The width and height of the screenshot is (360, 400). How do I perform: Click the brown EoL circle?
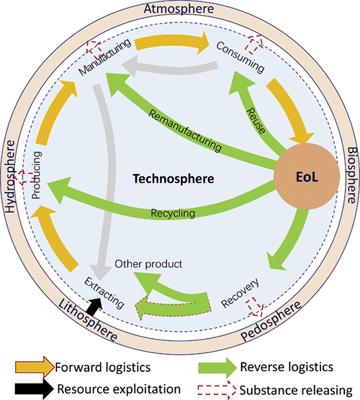click(x=307, y=176)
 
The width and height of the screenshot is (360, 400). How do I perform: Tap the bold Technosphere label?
click(x=174, y=178)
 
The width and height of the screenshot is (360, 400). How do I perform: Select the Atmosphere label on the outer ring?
click(x=179, y=9)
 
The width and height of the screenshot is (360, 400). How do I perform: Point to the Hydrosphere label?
click(x=10, y=176)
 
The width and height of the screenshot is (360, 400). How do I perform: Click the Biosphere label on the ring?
click(x=352, y=176)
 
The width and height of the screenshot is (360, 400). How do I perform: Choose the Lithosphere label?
click(x=88, y=319)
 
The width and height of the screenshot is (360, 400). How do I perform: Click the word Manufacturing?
click(x=105, y=57)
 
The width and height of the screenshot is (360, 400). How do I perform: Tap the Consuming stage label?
click(x=240, y=57)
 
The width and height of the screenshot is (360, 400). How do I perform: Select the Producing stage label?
click(x=37, y=175)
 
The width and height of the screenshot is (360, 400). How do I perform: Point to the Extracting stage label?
click(x=104, y=293)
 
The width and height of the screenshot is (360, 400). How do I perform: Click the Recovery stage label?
click(x=240, y=293)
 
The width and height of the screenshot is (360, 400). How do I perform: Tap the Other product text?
click(x=148, y=264)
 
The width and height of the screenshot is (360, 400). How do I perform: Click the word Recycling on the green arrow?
click(x=173, y=213)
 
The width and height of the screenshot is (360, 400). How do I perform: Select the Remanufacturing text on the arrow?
click(x=185, y=131)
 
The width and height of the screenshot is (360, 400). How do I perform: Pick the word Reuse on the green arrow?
click(x=256, y=121)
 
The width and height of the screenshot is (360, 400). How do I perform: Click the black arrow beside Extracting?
click(x=94, y=306)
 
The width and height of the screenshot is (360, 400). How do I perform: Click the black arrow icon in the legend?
click(x=34, y=389)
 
